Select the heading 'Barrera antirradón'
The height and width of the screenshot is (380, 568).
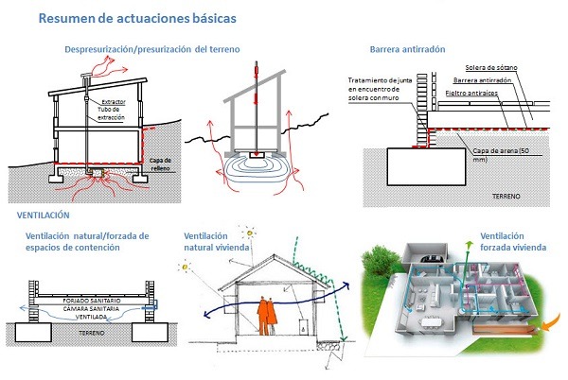click(x=407, y=49)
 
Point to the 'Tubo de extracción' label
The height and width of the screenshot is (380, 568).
click(x=111, y=114)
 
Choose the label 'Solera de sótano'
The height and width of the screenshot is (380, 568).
click(x=492, y=68)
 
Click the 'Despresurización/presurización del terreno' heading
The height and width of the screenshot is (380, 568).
click(x=151, y=48)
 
